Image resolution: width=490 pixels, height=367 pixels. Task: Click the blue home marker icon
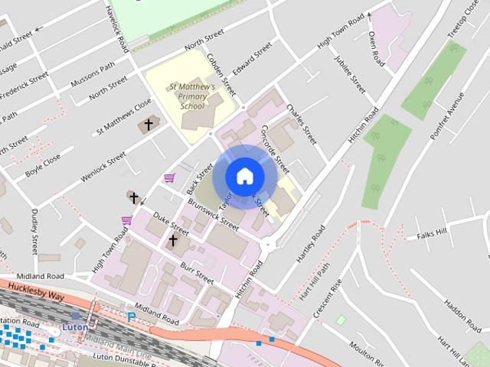point(244,176)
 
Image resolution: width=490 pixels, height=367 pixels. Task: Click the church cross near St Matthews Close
point(149,124)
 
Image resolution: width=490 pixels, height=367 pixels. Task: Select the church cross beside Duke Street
point(173,241)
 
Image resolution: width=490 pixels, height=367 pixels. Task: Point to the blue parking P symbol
point(132,317)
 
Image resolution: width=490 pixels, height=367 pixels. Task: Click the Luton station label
point(74,326)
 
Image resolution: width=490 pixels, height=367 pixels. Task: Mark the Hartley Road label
point(311,243)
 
